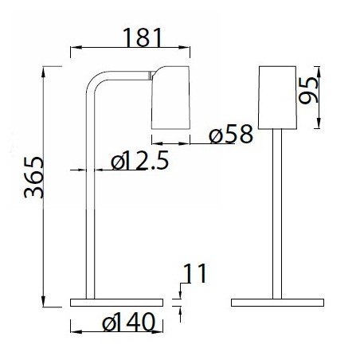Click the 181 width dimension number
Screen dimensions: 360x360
pos(144,37)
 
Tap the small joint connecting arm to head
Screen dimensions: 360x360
pos(149,76)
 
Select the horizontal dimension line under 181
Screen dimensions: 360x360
pos(127,49)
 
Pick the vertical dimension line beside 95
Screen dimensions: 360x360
pos(319,96)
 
